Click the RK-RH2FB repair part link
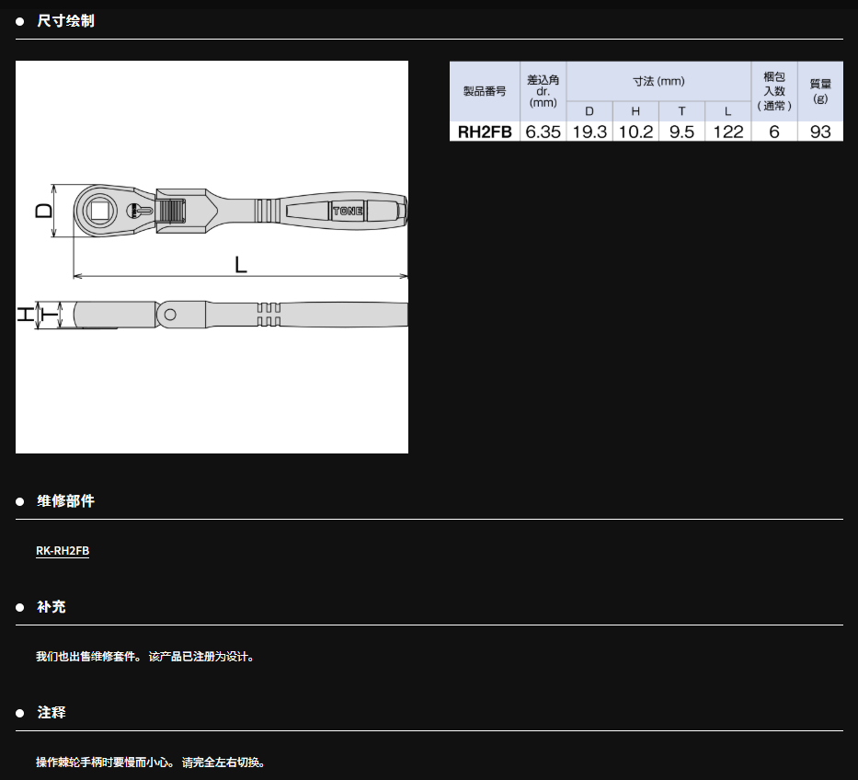click(63, 551)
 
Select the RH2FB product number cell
click(485, 132)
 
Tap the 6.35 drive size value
click(543, 132)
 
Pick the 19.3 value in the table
click(589, 132)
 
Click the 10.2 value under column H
click(635, 132)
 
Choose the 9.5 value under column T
click(681, 132)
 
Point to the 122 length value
click(727, 132)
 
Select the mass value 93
click(820, 132)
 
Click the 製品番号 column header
click(485, 91)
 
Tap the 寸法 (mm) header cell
click(658, 82)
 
